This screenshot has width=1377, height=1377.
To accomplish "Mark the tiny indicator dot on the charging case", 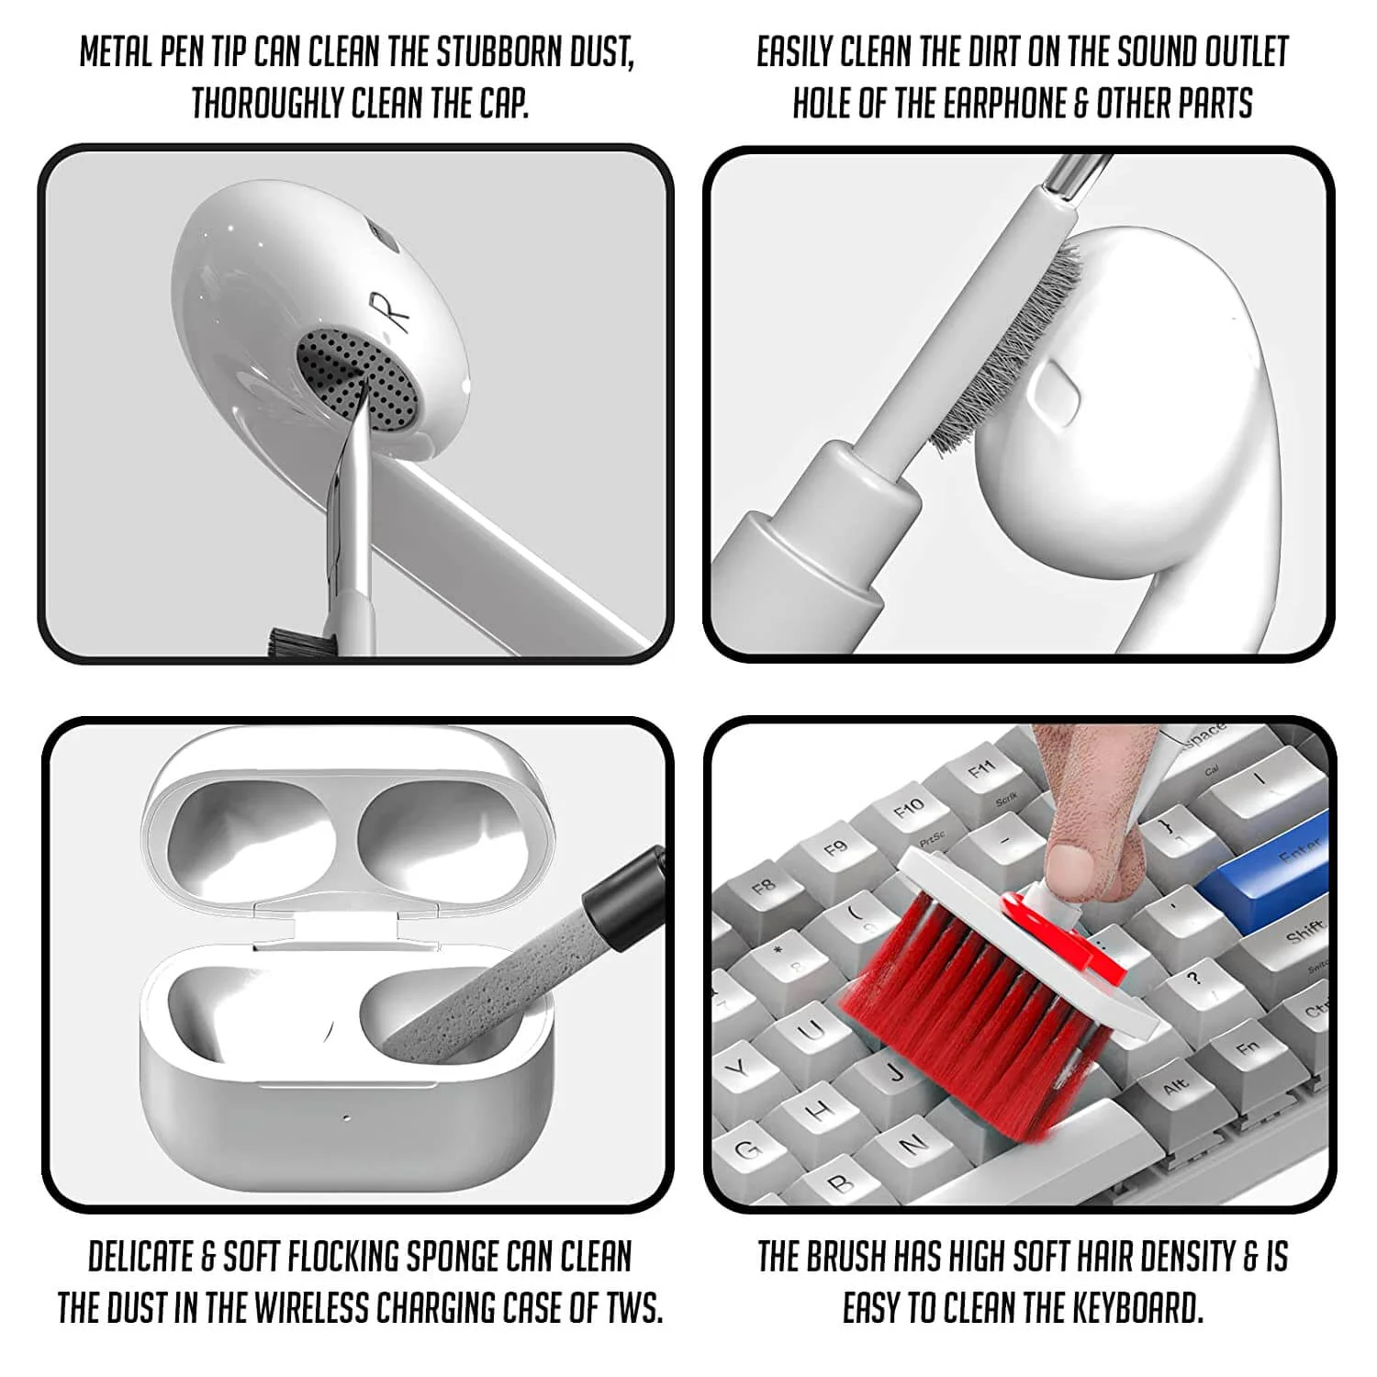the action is tap(347, 1119).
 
